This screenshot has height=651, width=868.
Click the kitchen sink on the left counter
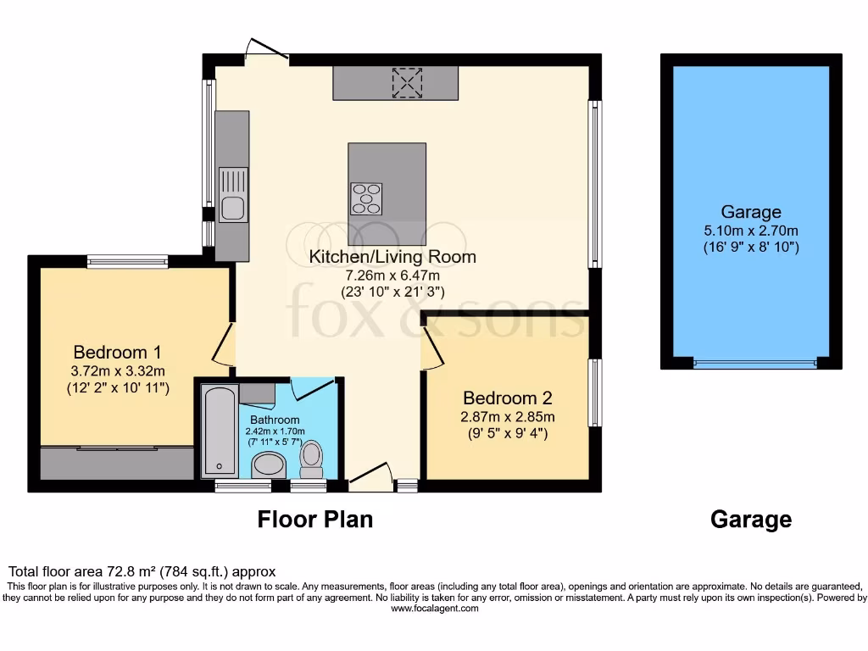click(x=232, y=194)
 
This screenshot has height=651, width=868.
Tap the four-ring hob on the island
click(x=365, y=198)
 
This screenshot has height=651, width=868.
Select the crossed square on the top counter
click(x=407, y=82)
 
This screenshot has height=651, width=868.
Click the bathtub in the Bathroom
click(x=220, y=431)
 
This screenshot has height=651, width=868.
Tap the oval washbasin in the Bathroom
click(x=270, y=465)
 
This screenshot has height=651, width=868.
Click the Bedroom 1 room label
click(x=117, y=352)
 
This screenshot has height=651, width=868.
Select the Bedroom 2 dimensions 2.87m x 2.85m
click(x=507, y=416)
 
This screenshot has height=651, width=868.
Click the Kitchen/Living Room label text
click(x=392, y=257)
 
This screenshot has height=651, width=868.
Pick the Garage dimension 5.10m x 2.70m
click(x=751, y=230)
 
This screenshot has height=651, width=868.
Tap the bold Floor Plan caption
click(x=315, y=519)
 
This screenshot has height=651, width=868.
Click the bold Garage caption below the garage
click(x=751, y=519)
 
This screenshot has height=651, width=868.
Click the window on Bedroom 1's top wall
click(x=127, y=262)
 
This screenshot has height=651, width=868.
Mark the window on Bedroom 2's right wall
click(x=595, y=392)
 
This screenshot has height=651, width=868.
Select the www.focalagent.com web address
click(x=433, y=609)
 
